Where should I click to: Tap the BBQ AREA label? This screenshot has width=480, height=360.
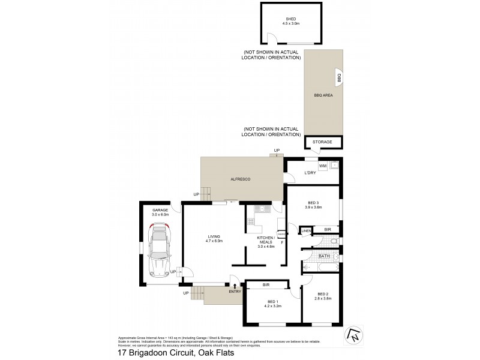(x=323, y=95)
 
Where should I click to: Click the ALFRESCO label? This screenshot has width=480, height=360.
(x=240, y=179)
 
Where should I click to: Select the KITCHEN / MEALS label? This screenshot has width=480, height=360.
(x=266, y=241)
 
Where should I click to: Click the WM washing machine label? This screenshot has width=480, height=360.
(x=322, y=166)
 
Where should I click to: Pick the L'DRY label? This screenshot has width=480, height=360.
(x=310, y=173)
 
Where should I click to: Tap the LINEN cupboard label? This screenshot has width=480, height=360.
(x=306, y=230)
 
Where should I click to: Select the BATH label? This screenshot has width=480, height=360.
(x=324, y=256)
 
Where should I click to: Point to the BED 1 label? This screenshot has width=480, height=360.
(x=272, y=303)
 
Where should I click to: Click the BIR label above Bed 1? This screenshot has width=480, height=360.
(x=268, y=285)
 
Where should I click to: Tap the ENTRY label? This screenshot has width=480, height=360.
(x=235, y=292)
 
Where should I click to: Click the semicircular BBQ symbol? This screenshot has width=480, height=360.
(x=339, y=77)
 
